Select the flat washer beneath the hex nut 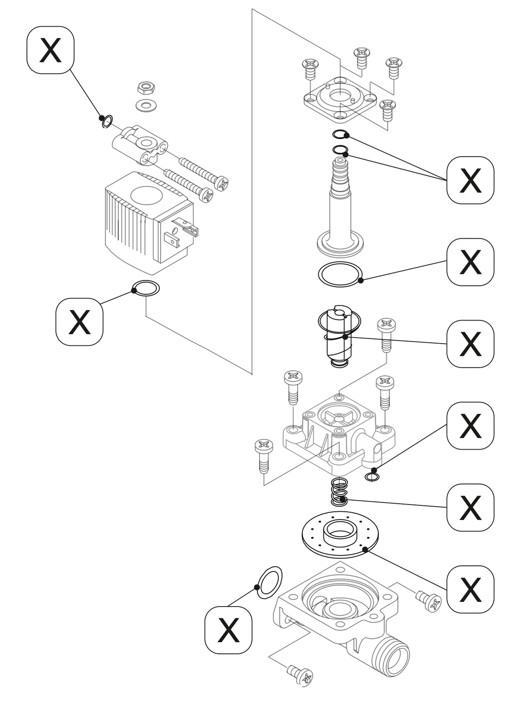coord(146,105)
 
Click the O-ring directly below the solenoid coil coord(146,288)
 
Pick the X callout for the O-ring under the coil coord(79,322)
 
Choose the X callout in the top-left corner coord(50,50)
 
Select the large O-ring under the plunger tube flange coord(340,274)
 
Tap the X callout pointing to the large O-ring coord(470,262)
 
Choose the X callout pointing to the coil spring coord(470,508)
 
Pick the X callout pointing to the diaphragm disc coord(470,589)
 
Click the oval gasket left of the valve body coord(270,582)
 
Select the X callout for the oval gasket coord(228,630)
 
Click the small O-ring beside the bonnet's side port coord(372,477)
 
